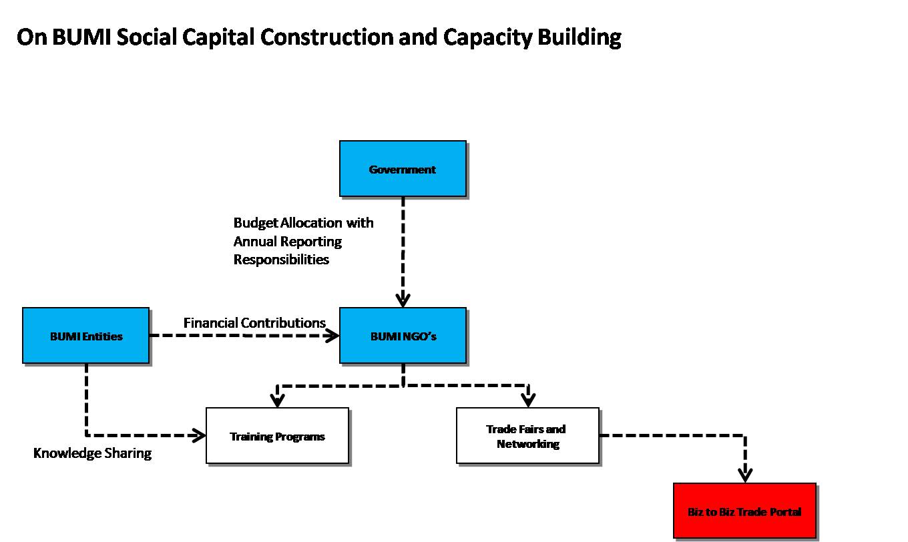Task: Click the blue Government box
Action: pos(403,169)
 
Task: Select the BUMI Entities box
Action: pos(86,336)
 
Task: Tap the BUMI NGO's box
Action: pos(403,336)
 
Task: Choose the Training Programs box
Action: pos(277,436)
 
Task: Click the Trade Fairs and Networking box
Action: pos(527,436)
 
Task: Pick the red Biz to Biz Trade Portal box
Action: pos(744,511)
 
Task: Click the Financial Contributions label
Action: pos(254,323)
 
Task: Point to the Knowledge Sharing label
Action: pos(92,453)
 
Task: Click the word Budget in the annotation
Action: pos(256,223)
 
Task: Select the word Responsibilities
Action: pos(281,260)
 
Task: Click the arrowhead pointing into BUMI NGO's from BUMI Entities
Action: pos(332,336)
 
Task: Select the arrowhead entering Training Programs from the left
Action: pos(199,435)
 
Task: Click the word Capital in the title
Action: pos(218,37)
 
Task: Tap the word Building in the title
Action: pos(580,37)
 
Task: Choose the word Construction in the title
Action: pos(326,37)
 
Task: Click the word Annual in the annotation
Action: pos(256,241)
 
